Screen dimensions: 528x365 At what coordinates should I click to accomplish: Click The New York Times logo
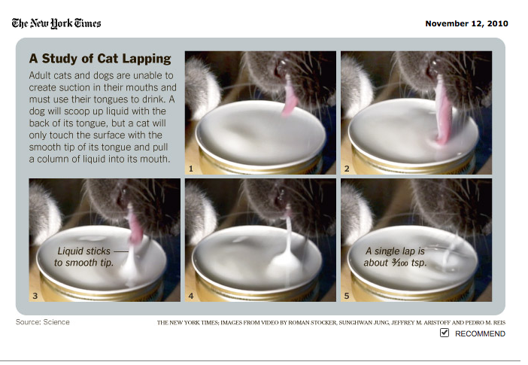click(56, 23)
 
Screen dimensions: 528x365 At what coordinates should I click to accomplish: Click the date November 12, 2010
click(466, 23)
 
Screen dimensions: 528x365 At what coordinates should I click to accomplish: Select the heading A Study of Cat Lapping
click(100, 59)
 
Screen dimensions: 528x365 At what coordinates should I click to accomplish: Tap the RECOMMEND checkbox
click(445, 333)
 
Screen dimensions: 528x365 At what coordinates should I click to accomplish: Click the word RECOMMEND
click(480, 333)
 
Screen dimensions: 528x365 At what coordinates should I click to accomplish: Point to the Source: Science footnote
click(43, 322)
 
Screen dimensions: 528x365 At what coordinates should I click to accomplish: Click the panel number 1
click(191, 169)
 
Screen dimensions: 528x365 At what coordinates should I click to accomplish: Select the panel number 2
click(347, 169)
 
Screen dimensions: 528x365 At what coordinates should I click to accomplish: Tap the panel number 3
click(35, 296)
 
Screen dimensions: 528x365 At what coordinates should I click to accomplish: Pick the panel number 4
click(191, 296)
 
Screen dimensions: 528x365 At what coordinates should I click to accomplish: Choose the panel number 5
click(347, 296)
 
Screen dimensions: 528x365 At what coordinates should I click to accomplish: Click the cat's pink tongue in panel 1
click(290, 99)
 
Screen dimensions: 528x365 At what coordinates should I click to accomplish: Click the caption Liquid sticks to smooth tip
click(87, 257)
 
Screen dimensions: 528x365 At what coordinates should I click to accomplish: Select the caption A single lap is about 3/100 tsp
click(396, 257)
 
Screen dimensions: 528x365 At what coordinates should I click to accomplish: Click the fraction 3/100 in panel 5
click(400, 263)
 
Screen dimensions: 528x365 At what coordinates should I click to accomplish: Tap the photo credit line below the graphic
click(332, 323)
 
